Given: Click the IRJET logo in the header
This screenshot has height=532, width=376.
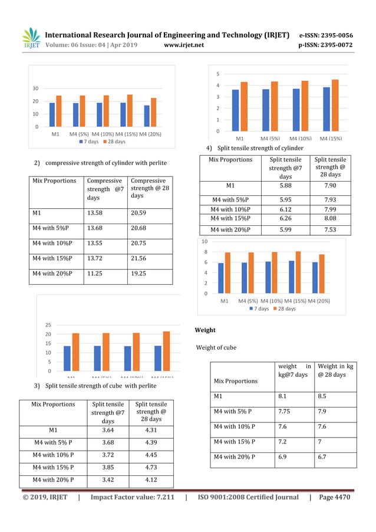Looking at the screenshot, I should pos(31,39).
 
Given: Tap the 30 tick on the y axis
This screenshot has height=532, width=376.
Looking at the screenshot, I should pos(35,88).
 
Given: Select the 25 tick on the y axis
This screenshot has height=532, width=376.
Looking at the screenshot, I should pos(48,325).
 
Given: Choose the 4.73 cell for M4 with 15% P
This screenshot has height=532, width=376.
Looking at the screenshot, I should pos(151,467).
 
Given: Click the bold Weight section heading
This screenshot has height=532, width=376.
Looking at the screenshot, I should pos(205,330).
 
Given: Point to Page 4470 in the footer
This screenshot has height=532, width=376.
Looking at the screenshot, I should pos(334,497).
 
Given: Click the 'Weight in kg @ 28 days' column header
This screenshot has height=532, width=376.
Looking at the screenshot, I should pos(335,371).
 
